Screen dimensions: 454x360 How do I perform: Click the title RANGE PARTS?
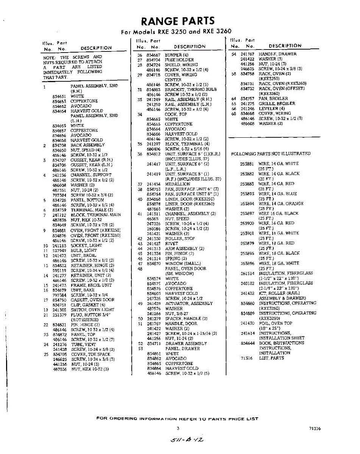point(178,21)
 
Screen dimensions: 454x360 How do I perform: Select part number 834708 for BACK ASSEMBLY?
point(59,145)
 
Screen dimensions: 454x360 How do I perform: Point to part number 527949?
point(59,250)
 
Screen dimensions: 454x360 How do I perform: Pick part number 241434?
point(153,184)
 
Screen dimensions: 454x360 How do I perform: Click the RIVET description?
point(171,244)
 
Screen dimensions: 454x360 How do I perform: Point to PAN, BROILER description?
point(273,99)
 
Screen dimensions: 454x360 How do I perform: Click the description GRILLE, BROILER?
point(277,104)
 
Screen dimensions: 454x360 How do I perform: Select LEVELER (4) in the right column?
point(271,109)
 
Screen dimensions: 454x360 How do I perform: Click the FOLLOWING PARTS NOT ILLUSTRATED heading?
point(271,154)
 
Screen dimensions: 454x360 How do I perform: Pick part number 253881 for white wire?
point(247,164)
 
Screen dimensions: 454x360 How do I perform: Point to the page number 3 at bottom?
point(178,428)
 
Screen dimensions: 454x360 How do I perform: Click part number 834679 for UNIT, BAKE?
point(59,290)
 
